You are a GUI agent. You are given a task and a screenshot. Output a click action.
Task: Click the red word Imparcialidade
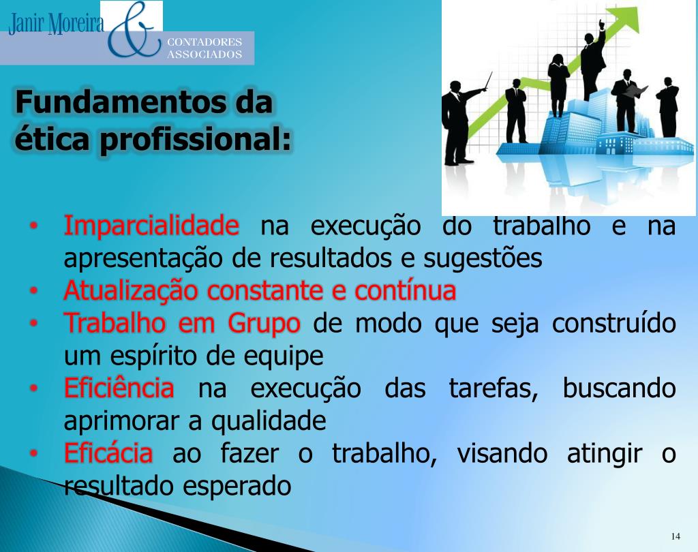(151, 226)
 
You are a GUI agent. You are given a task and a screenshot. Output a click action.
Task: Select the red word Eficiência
(119, 389)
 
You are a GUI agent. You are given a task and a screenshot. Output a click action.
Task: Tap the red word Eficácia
(108, 454)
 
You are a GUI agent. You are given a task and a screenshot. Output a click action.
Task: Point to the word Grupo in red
(264, 323)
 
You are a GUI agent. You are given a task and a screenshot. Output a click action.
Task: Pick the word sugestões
(483, 259)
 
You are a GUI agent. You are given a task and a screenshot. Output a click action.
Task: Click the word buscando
(619, 389)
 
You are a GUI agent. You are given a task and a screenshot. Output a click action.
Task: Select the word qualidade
(269, 422)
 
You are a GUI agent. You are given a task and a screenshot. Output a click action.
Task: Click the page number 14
(676, 534)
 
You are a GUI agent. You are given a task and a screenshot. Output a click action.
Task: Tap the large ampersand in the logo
(134, 31)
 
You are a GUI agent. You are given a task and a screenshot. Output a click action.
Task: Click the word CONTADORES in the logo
(204, 42)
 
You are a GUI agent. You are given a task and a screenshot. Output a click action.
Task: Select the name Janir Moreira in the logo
(56, 25)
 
